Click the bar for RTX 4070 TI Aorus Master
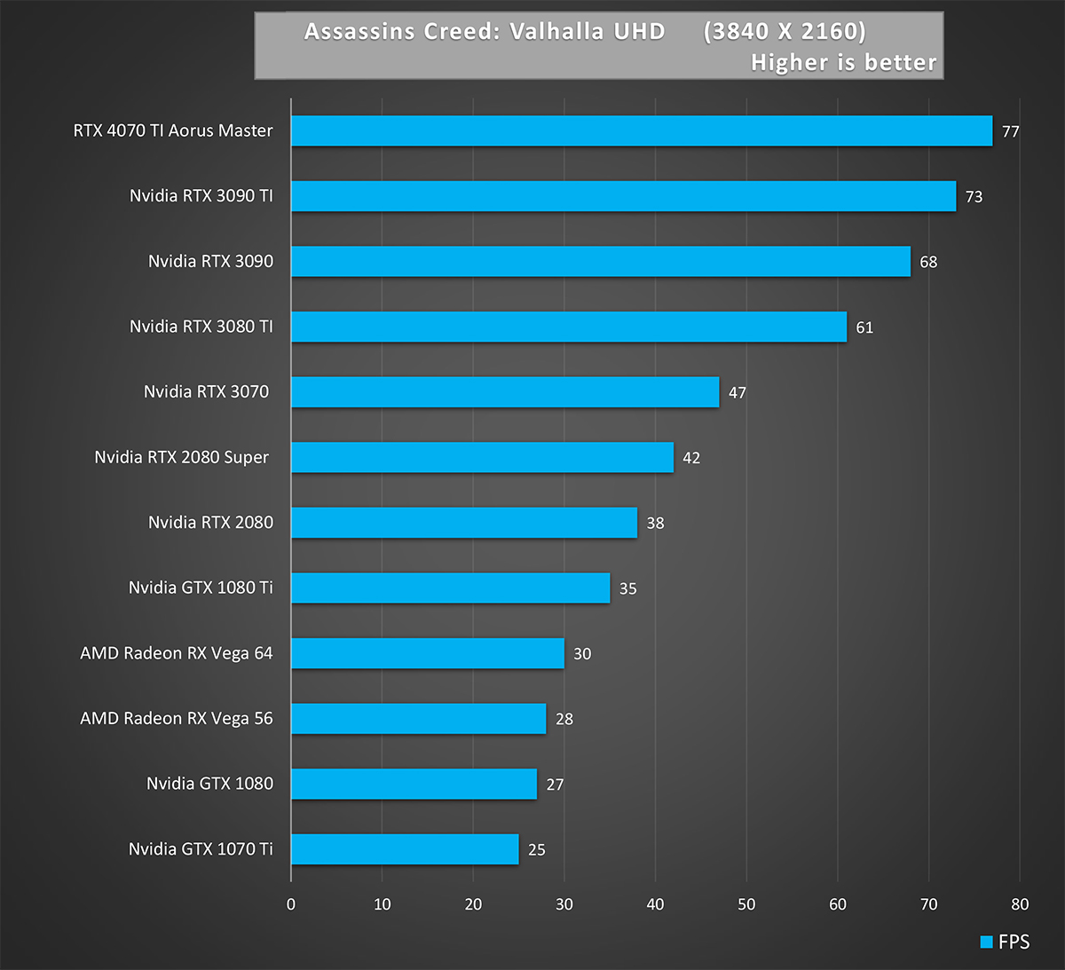click(641, 130)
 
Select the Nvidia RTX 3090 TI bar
click(623, 196)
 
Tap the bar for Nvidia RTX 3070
click(504, 391)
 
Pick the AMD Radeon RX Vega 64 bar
click(427, 653)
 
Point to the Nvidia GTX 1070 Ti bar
click(404, 849)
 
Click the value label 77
click(1010, 131)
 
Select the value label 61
click(864, 327)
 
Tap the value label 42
click(691, 458)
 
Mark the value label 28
click(564, 719)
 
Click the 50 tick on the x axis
click(746, 904)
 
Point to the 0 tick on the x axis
click(291, 904)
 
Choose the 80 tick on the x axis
click(1020, 904)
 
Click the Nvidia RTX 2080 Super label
click(181, 457)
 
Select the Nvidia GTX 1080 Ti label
click(201, 588)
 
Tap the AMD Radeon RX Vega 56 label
click(177, 718)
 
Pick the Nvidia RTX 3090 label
click(210, 261)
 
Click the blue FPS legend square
click(986, 942)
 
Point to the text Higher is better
click(843, 62)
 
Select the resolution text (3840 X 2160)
click(785, 32)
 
